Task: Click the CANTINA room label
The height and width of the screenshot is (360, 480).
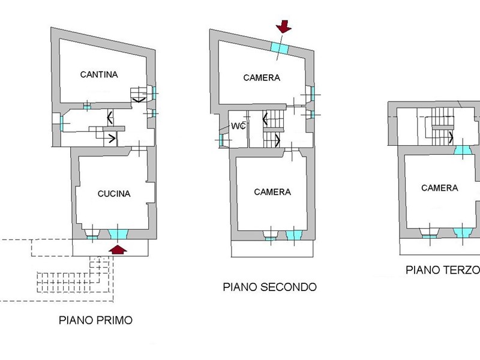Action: [x=99, y=74]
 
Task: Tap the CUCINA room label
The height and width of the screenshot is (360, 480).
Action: [x=114, y=194]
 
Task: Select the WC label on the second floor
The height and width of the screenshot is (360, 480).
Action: [x=238, y=126]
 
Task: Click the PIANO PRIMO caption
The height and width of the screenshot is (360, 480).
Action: [x=95, y=320]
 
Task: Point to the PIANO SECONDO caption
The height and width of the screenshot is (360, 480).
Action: [x=269, y=287]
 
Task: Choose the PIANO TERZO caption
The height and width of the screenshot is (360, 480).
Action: [x=443, y=270]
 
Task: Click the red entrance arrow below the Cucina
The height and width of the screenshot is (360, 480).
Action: [x=118, y=250]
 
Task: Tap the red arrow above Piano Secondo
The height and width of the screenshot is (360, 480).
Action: [x=284, y=26]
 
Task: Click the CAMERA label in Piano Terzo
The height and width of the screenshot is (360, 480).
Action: [x=440, y=188]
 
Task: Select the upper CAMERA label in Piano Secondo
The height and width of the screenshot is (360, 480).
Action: [x=262, y=78]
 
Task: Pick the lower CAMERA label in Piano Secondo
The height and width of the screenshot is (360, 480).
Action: [x=272, y=192]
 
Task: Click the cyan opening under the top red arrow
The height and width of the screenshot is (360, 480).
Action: [x=280, y=48]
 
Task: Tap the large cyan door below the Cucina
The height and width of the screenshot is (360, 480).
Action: [x=118, y=234]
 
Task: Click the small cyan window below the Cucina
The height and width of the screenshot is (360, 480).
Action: [x=92, y=237]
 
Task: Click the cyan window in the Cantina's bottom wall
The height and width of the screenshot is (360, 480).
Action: [x=87, y=107]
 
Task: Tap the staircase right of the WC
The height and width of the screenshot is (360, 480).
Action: [x=274, y=128]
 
